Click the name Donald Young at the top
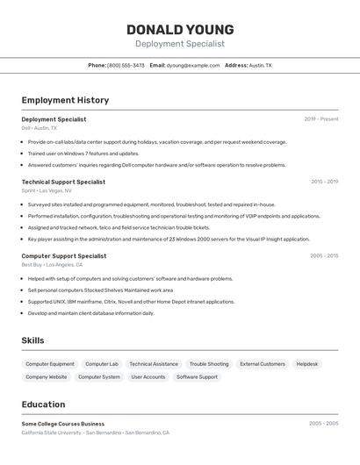click(180, 29)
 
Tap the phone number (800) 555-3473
click(126, 65)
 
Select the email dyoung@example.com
click(194, 65)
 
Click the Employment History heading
click(65, 100)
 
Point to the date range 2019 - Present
click(321, 119)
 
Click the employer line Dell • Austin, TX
click(40, 128)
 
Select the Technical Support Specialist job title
click(63, 182)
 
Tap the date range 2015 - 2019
click(324, 182)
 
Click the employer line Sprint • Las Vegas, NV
click(47, 190)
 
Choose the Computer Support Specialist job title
click(64, 256)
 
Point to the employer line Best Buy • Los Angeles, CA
click(52, 264)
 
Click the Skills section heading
click(32, 340)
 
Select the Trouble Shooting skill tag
click(209, 363)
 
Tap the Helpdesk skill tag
click(307, 363)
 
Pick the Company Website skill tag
click(47, 376)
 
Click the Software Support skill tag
click(197, 376)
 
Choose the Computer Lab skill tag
click(102, 363)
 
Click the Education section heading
click(43, 404)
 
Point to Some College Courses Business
click(63, 424)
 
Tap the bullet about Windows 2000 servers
click(169, 239)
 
